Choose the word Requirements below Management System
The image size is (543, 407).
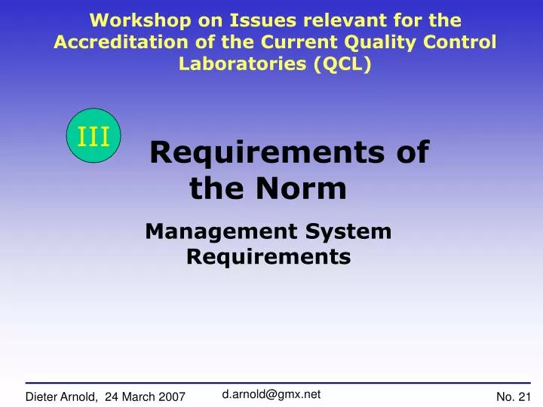268,257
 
